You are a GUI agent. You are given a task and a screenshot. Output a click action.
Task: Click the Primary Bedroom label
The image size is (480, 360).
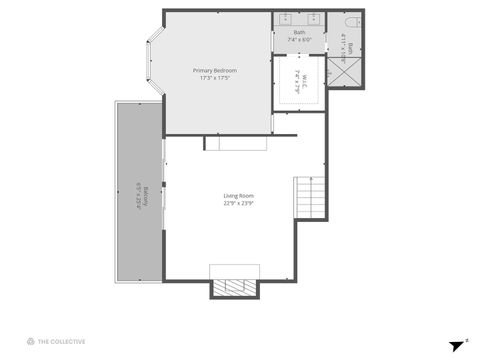point(216,70)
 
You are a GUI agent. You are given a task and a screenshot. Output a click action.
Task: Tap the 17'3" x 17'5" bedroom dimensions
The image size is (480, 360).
point(216,78)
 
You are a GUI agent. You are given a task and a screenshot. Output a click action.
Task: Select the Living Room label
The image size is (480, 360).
point(238,195)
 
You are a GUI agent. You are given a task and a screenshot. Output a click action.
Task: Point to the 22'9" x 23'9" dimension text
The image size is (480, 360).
point(238,203)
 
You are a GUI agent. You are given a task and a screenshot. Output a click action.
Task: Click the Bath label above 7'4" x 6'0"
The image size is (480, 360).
point(299,33)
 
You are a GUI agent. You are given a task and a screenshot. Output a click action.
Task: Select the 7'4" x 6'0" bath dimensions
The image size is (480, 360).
point(299,40)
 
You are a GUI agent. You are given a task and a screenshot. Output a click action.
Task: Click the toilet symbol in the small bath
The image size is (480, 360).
point(349,21)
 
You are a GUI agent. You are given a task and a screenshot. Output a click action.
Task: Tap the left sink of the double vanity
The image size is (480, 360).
point(286,19)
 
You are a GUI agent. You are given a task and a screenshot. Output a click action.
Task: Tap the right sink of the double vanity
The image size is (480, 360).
point(312,19)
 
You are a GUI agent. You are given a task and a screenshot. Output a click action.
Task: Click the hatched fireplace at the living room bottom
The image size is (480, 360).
point(234,288)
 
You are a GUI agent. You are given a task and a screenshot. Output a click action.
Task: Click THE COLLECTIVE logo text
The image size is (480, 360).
point(60,341)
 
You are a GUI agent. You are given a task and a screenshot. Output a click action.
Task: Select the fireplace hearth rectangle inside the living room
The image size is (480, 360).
point(234,271)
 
